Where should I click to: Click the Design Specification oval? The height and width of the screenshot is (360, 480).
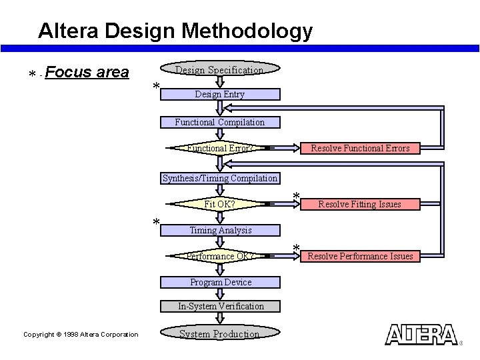click(x=219, y=69)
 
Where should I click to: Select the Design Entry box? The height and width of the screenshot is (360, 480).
click(x=220, y=95)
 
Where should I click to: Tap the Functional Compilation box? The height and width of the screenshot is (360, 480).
click(x=220, y=122)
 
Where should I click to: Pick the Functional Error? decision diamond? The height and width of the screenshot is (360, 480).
click(x=219, y=148)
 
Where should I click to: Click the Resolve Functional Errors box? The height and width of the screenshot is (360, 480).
click(x=360, y=148)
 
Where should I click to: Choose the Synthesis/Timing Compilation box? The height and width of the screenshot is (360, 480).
click(x=220, y=178)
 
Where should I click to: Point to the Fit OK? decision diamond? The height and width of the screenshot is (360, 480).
click(x=219, y=204)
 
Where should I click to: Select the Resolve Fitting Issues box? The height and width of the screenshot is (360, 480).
click(x=360, y=204)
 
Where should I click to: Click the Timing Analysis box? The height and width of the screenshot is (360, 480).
click(x=220, y=230)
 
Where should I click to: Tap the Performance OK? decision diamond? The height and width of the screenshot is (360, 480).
click(x=219, y=256)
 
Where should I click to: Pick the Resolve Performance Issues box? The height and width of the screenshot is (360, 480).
click(x=360, y=256)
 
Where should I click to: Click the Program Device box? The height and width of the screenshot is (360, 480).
click(x=220, y=282)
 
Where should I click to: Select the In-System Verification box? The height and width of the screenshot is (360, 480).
click(x=220, y=307)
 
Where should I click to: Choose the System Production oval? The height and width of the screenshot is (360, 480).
click(x=219, y=333)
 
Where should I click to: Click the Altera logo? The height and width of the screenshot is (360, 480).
click(x=421, y=335)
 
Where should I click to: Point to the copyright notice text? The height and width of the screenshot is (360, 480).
click(x=81, y=335)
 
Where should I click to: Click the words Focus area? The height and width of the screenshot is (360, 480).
click(x=88, y=72)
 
